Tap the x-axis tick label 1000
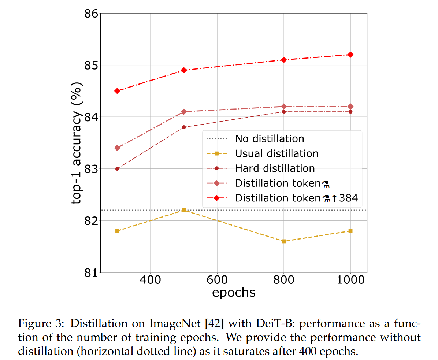[350, 281]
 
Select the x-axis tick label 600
[217, 281]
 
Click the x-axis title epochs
[233, 293]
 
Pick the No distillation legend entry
[270, 139]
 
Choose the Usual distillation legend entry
[276, 154]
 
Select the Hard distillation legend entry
[275, 168]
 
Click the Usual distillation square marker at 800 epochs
[283, 241]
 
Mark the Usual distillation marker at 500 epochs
[184, 210]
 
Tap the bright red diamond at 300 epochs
[117, 91]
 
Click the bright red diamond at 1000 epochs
[350, 55]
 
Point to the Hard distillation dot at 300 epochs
[117, 169]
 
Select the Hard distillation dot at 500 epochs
[184, 127]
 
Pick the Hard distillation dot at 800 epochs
[283, 112]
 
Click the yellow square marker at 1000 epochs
[350, 231]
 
